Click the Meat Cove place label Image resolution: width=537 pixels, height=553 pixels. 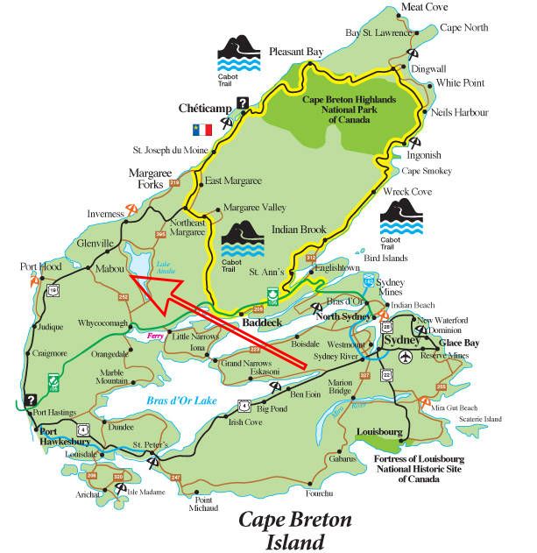click(424, 7)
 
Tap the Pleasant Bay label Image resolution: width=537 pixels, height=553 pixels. click(298, 51)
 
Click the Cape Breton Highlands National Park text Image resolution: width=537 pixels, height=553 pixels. click(350, 110)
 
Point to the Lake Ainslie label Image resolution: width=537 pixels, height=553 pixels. click(165, 266)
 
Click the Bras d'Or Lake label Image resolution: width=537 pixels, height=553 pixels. click(181, 401)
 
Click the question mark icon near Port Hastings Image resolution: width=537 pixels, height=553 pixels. click(32, 399)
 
